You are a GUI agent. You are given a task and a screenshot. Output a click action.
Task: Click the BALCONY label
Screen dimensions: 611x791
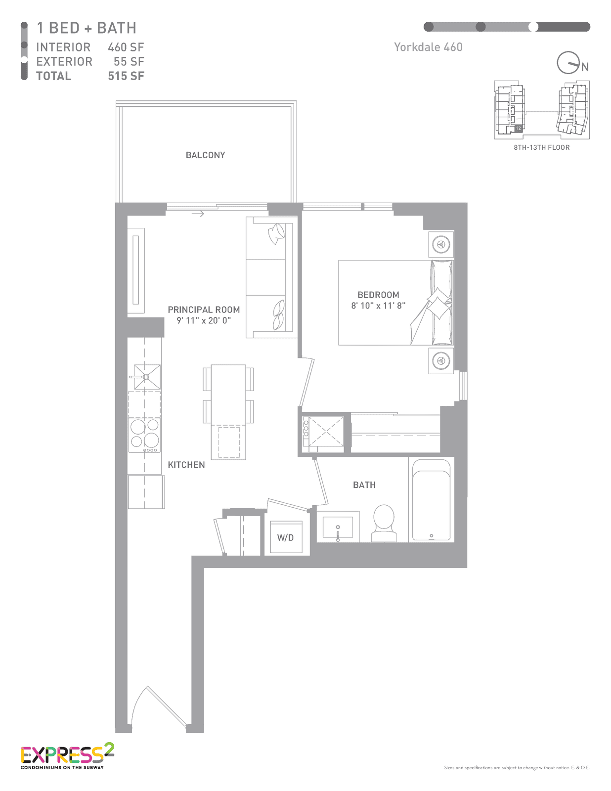pyautogui.click(x=205, y=155)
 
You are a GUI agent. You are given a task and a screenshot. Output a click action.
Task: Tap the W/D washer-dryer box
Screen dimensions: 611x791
pyautogui.click(x=286, y=537)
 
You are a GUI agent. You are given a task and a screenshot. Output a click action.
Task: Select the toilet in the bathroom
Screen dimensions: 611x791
pyautogui.click(x=384, y=523)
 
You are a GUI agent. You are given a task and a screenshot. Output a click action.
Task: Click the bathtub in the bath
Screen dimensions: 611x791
pyautogui.click(x=431, y=500)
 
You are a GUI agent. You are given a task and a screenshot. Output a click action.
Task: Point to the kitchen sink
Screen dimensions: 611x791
pyautogui.click(x=147, y=377)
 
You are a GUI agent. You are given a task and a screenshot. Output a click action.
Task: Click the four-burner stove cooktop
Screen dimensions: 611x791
pyautogui.click(x=144, y=435)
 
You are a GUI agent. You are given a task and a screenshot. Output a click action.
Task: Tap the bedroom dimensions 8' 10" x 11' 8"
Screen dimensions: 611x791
pyautogui.click(x=378, y=306)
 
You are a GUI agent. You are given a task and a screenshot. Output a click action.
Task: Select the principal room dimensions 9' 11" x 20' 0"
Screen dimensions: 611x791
pyautogui.click(x=204, y=321)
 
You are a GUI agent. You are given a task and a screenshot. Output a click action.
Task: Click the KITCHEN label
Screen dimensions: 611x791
pyautogui.click(x=186, y=465)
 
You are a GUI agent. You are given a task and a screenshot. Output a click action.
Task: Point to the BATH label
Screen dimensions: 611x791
pyautogui.click(x=364, y=485)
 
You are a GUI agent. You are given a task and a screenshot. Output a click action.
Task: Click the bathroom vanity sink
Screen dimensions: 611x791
pyautogui.click(x=338, y=527)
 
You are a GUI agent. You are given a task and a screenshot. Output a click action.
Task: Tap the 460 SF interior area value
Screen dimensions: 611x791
pyautogui.click(x=126, y=47)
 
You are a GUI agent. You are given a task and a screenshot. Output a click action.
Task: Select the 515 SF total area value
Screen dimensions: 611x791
pyautogui.click(x=126, y=76)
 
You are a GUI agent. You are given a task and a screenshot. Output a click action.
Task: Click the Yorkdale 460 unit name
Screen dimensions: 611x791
pyautogui.click(x=428, y=47)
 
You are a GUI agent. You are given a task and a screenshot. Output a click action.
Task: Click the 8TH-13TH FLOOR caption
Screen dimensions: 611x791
pyautogui.click(x=541, y=147)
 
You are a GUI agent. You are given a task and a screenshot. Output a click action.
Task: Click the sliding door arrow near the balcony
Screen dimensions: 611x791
pyautogui.click(x=198, y=214)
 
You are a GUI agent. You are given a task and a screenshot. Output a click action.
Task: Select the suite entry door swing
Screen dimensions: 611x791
pyautogui.click(x=159, y=706)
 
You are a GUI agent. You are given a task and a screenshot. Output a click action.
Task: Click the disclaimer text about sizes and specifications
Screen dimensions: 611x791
pyautogui.click(x=517, y=768)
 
